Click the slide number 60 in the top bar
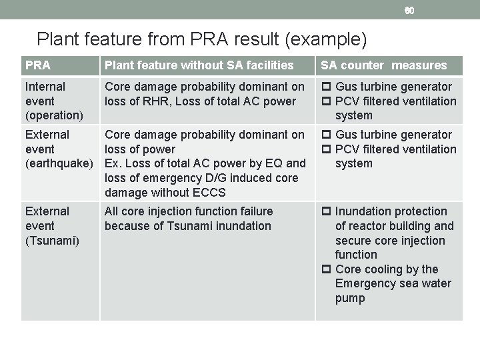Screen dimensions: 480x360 point(409,10)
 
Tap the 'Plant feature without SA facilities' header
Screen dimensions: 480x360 point(199,65)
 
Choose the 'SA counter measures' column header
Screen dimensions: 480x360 point(384,65)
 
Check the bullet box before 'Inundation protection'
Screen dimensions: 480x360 point(326,211)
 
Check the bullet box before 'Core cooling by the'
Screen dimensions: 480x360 point(326,269)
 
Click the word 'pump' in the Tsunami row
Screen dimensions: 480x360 point(350,298)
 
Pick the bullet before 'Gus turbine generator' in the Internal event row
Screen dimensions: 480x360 point(326,87)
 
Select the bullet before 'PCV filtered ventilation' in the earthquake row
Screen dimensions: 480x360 point(326,149)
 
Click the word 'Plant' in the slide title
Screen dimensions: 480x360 point(59,39)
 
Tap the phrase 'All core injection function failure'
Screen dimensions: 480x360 point(189,211)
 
